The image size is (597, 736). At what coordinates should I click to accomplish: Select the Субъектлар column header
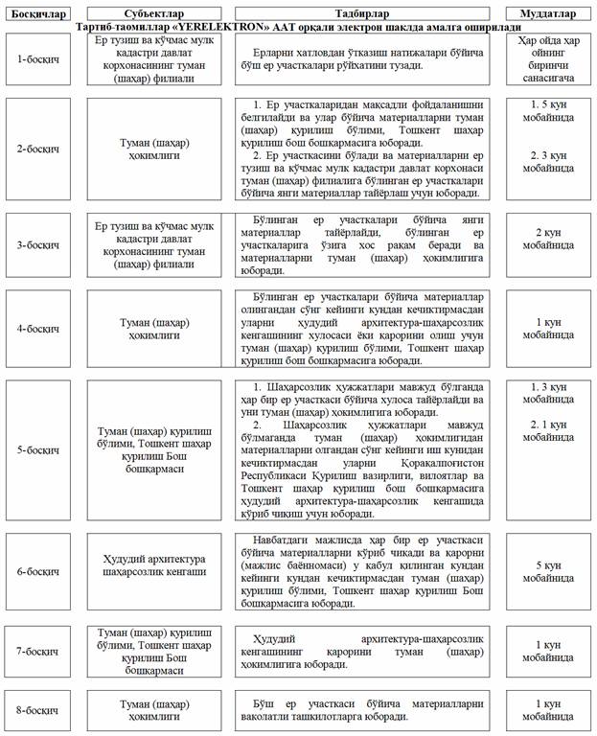pos(148,14)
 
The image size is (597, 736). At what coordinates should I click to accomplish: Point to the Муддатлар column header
pos(547,14)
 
